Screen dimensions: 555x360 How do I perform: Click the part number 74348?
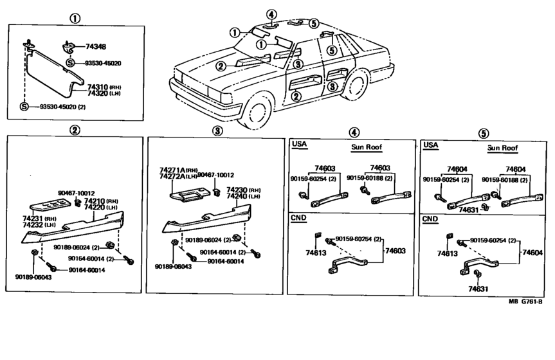click(96, 47)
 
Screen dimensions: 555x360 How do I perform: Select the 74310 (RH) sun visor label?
click(104, 87)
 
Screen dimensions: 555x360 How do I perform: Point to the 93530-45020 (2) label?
click(62, 107)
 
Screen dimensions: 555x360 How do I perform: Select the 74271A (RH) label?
click(178, 170)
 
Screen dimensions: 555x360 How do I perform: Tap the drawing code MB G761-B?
click(525, 301)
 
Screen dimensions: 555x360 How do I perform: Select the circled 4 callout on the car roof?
click(271, 15)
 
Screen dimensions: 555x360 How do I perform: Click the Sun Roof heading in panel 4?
click(367, 147)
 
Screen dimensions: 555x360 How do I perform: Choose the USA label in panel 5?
click(431, 145)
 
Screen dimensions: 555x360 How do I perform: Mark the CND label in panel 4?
click(298, 218)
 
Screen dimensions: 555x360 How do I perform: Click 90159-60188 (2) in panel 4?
click(370, 178)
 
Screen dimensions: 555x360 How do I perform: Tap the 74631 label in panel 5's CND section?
click(478, 289)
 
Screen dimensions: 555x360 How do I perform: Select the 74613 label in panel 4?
click(316, 253)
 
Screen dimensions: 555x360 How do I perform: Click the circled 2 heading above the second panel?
click(75, 130)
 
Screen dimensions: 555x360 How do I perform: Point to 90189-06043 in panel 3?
click(173, 266)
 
